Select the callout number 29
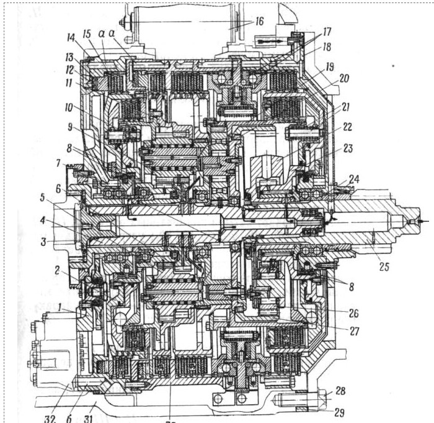click(339, 411)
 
